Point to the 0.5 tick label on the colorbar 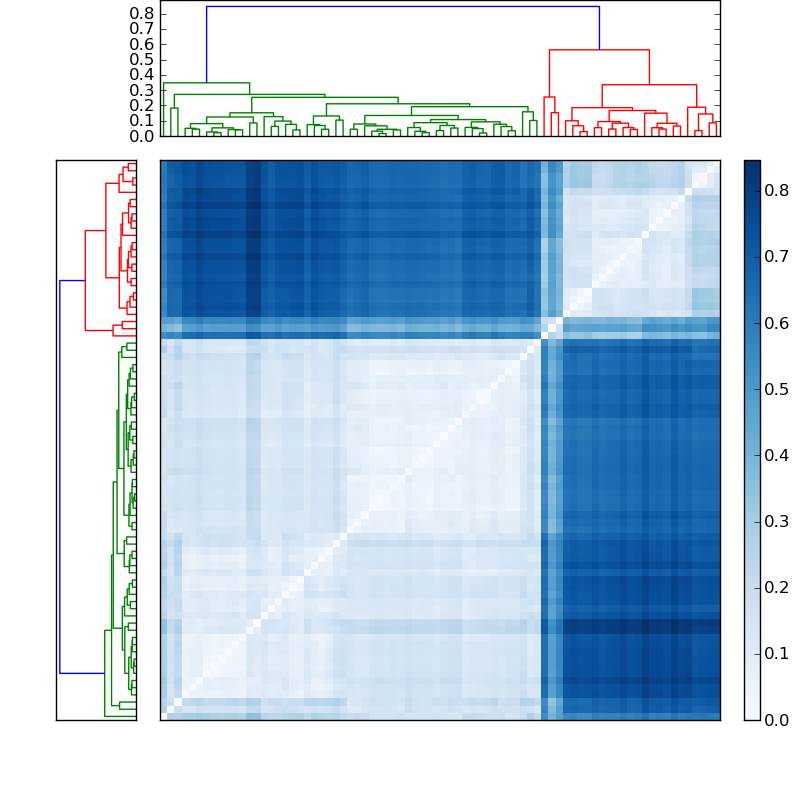(776, 389)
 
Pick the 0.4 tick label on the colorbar (776, 455)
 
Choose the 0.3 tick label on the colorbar (776, 521)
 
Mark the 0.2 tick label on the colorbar (776, 587)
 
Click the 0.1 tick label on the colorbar (776, 653)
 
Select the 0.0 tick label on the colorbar (776, 719)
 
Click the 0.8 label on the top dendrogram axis (142, 13)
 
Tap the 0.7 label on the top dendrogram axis (142, 29)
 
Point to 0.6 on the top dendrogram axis (142, 44)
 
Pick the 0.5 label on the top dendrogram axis (142, 59)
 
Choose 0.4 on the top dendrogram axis (142, 75)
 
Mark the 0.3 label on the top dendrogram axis (142, 90)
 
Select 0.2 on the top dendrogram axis (142, 105)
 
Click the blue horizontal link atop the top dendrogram (400, 7)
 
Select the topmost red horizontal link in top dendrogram (598, 50)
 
